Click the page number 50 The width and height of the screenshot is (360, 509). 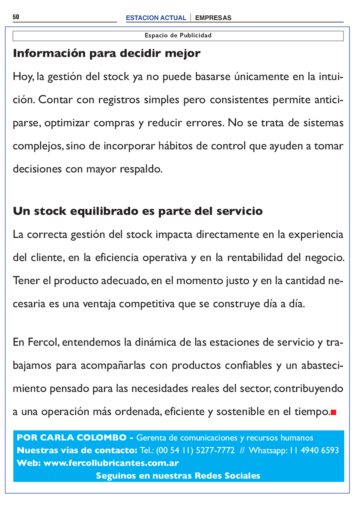point(16,17)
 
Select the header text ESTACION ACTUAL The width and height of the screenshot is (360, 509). point(156,18)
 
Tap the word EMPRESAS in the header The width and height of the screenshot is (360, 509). point(213,18)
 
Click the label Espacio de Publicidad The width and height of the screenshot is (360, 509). point(178,35)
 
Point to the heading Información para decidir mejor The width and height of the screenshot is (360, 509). point(107,53)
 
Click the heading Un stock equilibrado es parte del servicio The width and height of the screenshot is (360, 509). point(138,211)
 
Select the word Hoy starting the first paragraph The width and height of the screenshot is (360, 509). point(23,77)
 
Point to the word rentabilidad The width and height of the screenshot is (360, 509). point(255,258)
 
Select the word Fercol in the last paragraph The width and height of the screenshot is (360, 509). point(44,342)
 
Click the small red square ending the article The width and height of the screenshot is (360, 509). point(334,412)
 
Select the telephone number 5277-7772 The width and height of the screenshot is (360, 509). point(215,450)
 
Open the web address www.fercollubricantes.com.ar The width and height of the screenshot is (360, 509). point(111,463)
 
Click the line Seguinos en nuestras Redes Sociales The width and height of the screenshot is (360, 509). point(178,476)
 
